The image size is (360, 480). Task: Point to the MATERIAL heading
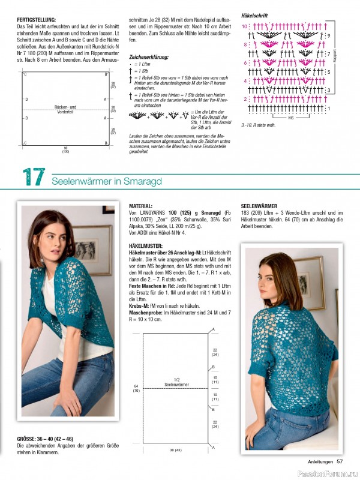[x=142, y=205]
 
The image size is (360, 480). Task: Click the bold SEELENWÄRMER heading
[x=262, y=205]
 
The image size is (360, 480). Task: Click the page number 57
[x=340, y=461]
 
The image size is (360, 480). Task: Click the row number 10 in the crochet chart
[x=244, y=27]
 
